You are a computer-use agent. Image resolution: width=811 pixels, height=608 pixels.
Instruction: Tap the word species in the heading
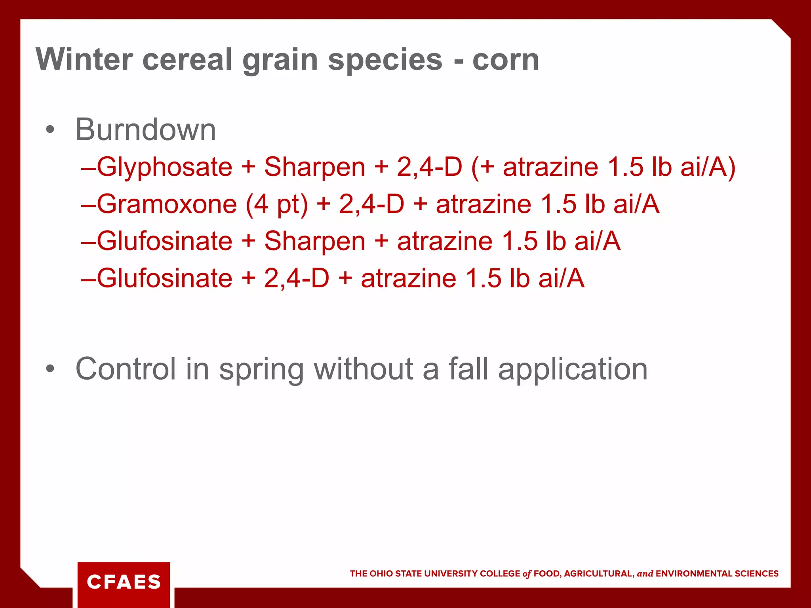coord(385,60)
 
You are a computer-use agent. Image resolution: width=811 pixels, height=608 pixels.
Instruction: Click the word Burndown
coord(145,129)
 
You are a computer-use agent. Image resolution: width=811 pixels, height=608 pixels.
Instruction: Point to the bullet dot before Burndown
coord(49,129)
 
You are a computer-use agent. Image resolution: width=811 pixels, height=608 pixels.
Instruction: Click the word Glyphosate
coord(164,167)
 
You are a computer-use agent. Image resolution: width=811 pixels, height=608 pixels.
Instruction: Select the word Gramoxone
coord(167,204)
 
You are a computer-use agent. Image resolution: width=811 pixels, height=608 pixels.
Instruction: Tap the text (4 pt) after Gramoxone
coord(276,204)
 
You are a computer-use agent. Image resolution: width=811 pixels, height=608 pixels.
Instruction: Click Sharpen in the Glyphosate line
coord(314,167)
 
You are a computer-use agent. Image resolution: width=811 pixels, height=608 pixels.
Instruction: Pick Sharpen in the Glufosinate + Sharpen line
coord(314,241)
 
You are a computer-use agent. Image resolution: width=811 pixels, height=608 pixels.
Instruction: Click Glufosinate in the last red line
coord(164,278)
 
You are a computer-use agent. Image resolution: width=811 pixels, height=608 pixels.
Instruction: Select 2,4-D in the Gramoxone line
coord(371,204)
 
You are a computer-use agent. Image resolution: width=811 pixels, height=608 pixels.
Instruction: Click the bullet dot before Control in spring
coord(49,369)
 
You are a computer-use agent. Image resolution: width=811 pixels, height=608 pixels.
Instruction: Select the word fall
coord(468,369)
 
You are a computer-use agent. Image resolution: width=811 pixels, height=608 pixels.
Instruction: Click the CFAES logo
coord(124,582)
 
